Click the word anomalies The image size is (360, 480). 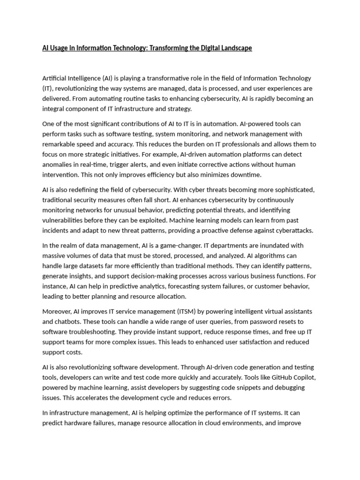pyautogui.click(x=58, y=165)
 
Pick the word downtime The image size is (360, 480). pyautogui.click(x=245, y=175)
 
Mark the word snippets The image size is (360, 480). pyautogui.click(x=244, y=388)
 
